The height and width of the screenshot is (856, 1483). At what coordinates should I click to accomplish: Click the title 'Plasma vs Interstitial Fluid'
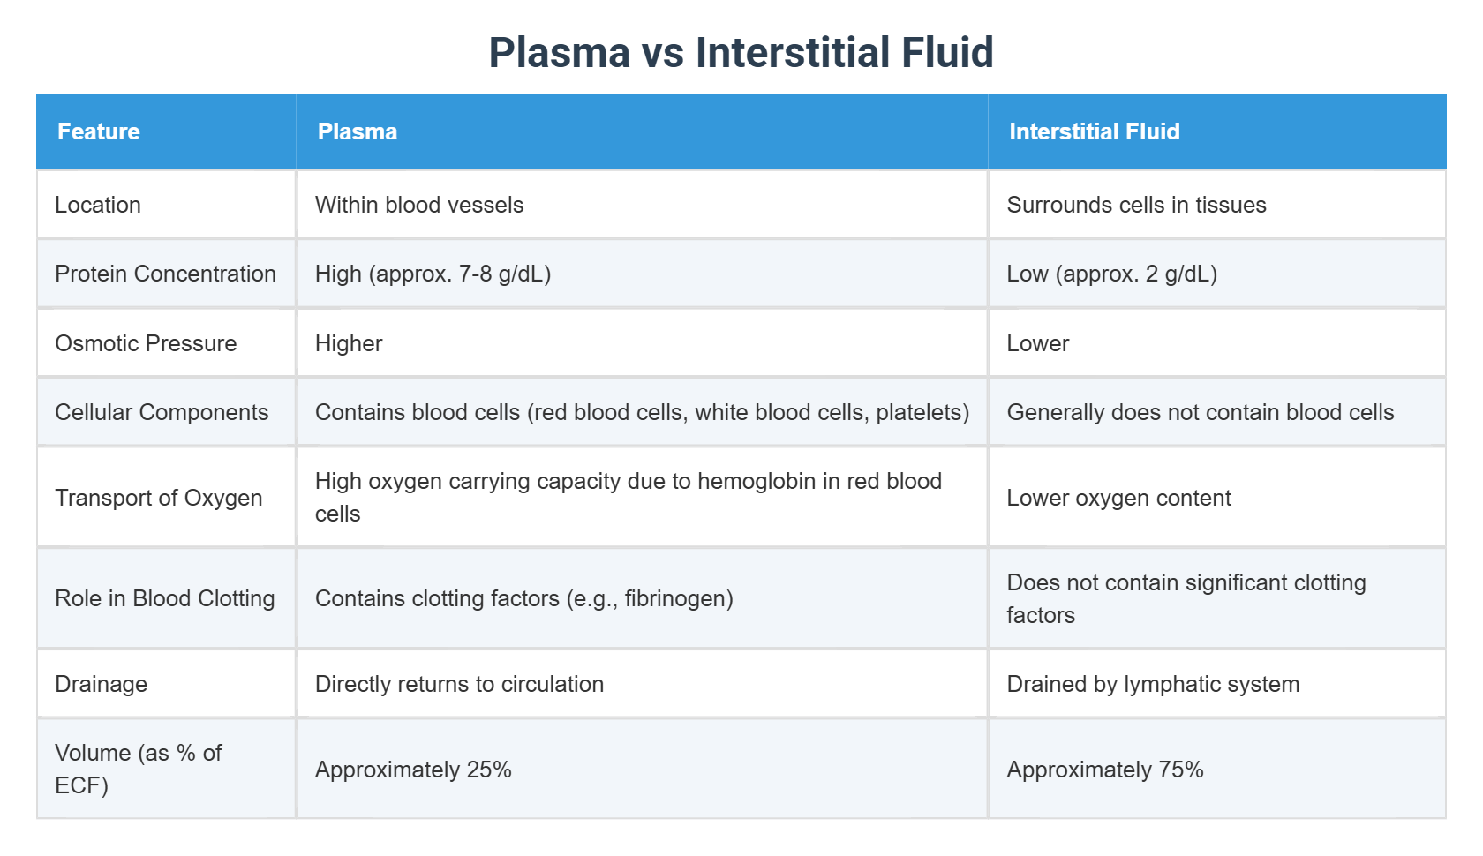point(741,52)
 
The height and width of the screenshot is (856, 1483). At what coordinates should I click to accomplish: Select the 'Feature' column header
point(99,131)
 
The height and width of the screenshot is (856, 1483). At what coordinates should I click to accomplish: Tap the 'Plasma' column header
point(358,131)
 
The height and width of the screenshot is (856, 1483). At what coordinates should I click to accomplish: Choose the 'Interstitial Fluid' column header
point(1094,131)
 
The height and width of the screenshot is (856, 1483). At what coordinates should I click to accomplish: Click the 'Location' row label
point(98,205)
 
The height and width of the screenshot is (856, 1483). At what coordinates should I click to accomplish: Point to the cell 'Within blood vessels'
point(419,205)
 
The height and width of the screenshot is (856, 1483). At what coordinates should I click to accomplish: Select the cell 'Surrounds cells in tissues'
point(1136,205)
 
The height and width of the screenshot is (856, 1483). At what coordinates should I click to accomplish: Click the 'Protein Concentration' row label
point(165,274)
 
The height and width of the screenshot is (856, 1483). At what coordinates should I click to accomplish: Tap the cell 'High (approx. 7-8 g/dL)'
point(433,274)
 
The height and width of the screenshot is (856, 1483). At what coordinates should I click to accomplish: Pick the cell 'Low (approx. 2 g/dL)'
point(1111,274)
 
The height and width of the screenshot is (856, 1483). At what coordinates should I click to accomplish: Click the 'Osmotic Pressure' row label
point(146,343)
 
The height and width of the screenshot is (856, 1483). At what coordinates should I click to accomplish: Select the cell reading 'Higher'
point(349,343)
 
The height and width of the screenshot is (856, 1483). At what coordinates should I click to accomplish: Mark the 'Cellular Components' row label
point(162,412)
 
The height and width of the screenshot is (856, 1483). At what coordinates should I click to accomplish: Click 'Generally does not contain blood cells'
point(1200,412)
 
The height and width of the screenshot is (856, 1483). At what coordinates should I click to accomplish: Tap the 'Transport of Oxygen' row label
point(159,498)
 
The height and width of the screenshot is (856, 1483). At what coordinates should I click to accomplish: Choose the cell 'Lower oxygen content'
point(1118,498)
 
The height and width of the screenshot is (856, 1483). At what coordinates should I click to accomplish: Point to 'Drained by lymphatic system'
point(1153,684)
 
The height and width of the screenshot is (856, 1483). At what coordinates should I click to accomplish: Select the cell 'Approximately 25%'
point(413,770)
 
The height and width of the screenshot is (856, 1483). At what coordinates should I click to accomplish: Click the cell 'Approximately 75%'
point(1105,770)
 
